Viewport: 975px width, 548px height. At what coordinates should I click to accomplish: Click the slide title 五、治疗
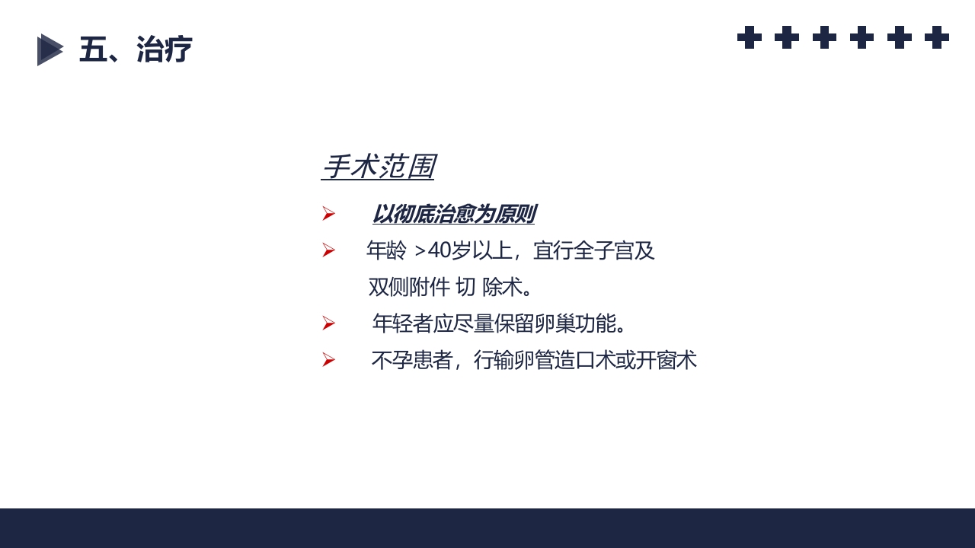click(136, 50)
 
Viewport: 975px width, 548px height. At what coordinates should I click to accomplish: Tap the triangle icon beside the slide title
click(50, 50)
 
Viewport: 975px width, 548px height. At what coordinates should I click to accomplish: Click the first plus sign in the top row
click(750, 37)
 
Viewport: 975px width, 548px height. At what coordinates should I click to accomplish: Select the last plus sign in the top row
click(937, 37)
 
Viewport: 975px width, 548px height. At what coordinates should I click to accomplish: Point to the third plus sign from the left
click(824, 37)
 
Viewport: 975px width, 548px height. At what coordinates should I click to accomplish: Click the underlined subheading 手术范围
click(378, 167)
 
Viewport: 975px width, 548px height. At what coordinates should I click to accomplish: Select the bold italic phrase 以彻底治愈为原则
click(453, 215)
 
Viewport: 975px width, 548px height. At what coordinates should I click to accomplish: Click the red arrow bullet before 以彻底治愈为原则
click(328, 214)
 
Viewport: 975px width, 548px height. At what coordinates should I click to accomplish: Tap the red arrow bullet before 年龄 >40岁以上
click(328, 250)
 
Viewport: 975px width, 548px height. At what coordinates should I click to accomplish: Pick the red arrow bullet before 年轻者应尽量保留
click(328, 323)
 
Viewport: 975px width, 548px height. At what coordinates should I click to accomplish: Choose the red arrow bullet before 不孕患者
click(328, 360)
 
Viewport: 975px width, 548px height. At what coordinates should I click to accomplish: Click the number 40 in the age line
click(440, 250)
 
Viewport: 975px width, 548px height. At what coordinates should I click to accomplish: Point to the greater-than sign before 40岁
click(420, 251)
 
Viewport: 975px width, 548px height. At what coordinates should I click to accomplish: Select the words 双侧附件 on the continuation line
click(409, 287)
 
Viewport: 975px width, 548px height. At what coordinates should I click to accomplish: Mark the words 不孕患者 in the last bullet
click(412, 360)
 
